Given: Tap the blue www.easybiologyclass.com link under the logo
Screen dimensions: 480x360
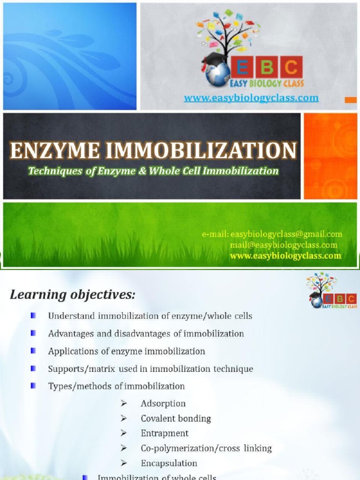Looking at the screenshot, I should click(251, 98).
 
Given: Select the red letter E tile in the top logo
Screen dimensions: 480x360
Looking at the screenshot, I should click(242, 68).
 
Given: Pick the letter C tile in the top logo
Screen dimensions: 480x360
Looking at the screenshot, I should click(291, 68).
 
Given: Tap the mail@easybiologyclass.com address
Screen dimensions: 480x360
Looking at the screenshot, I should click(284, 245).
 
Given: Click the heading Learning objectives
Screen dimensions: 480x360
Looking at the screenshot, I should click(73, 295).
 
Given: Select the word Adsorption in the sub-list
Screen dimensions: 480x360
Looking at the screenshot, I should click(163, 404).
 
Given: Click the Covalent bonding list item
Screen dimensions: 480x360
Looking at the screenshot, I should click(176, 419).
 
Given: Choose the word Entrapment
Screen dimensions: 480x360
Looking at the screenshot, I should click(165, 434).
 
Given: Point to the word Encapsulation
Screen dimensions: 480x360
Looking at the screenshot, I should click(169, 464).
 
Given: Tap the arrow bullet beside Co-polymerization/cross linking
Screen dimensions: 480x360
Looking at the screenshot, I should click(124, 449).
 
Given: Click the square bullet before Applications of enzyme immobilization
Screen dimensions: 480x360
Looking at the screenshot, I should click(33, 351).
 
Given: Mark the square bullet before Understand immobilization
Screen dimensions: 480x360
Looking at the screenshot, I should click(33, 316).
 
